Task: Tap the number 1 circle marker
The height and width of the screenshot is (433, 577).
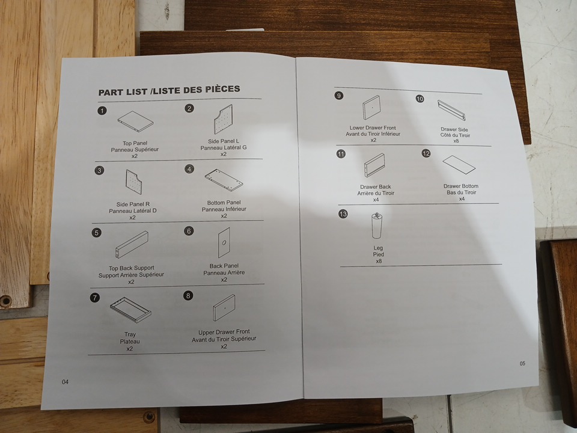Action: click(x=102, y=111)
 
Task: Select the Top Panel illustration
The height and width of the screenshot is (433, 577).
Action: click(x=135, y=121)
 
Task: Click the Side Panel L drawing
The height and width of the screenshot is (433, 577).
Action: click(x=224, y=119)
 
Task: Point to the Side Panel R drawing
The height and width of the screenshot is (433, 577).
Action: click(x=133, y=182)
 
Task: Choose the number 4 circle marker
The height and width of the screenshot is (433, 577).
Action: click(x=189, y=169)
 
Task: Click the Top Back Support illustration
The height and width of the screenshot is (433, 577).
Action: click(x=132, y=244)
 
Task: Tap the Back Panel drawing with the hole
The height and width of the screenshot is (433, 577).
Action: click(x=224, y=242)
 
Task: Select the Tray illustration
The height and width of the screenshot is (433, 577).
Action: click(x=130, y=310)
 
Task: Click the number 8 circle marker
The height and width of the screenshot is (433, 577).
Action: click(x=188, y=296)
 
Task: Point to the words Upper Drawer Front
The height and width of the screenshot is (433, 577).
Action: click(x=224, y=332)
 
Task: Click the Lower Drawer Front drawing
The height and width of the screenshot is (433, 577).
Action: click(x=371, y=107)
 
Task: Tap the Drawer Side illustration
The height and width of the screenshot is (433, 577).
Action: click(x=451, y=110)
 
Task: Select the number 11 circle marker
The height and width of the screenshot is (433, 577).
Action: click(x=341, y=154)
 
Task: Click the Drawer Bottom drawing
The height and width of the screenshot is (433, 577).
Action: click(x=459, y=164)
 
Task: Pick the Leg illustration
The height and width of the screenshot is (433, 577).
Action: click(x=376, y=226)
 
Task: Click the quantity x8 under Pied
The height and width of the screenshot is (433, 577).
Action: click(x=379, y=261)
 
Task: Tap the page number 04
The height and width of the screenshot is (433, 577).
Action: click(x=65, y=382)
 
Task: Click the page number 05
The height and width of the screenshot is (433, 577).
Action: click(x=522, y=363)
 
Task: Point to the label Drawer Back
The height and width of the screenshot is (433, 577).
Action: click(x=375, y=186)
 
